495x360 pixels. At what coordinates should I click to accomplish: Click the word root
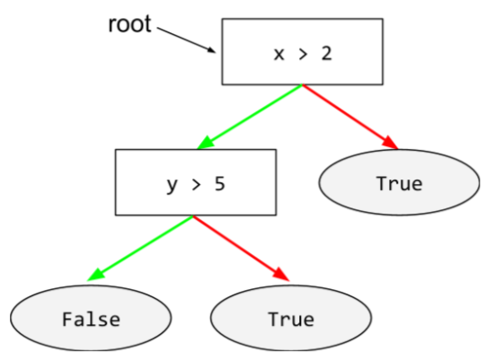pyautogui.click(x=130, y=23)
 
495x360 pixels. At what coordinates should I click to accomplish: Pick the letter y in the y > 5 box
pyautogui.click(x=172, y=185)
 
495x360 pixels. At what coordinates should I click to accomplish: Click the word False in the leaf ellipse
pyautogui.click(x=91, y=319)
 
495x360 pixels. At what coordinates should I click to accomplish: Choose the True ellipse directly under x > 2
pyautogui.click(x=400, y=184)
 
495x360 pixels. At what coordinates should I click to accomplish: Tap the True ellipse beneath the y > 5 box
pyautogui.click(x=291, y=319)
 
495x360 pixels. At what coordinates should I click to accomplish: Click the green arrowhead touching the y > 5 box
pyautogui.click(x=206, y=144)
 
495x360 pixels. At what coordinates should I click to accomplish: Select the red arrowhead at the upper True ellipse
pyautogui.click(x=391, y=144)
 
